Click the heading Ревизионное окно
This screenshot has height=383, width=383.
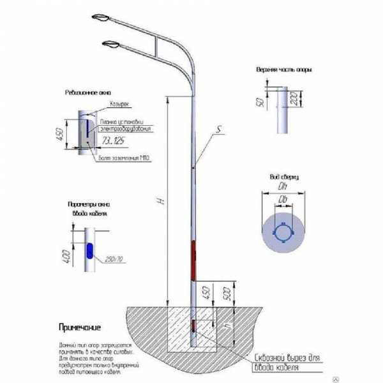(x=81, y=92)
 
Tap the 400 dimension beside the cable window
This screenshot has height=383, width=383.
(x=66, y=255)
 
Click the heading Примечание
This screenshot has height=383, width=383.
(x=80, y=328)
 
